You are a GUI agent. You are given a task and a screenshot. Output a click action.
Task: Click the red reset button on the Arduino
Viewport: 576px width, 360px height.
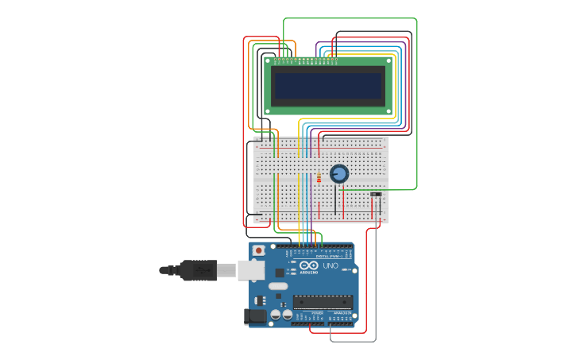point(258,250)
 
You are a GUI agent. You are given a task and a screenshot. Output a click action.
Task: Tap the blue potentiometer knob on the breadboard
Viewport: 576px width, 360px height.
point(339,173)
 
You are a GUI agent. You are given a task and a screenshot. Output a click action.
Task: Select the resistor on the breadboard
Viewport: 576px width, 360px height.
point(319,178)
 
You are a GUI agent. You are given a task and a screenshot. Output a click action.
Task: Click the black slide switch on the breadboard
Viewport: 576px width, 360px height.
point(375,194)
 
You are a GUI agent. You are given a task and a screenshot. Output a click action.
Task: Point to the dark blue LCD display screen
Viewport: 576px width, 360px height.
point(328,83)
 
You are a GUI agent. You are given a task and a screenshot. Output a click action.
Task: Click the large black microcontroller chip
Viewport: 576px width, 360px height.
point(323,301)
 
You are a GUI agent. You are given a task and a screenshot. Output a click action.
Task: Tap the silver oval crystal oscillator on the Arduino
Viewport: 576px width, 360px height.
point(277,286)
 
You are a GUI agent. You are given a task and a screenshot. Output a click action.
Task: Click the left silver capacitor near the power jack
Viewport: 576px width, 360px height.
point(276,315)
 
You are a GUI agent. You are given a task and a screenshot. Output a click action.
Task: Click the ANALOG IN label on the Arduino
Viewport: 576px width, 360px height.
point(343,313)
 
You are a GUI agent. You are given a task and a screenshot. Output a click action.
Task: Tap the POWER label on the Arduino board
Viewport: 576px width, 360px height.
point(317,313)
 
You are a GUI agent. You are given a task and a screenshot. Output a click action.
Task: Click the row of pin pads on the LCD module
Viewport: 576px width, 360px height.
point(304,60)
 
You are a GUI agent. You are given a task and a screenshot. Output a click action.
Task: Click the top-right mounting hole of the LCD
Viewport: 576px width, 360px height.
point(389,60)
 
